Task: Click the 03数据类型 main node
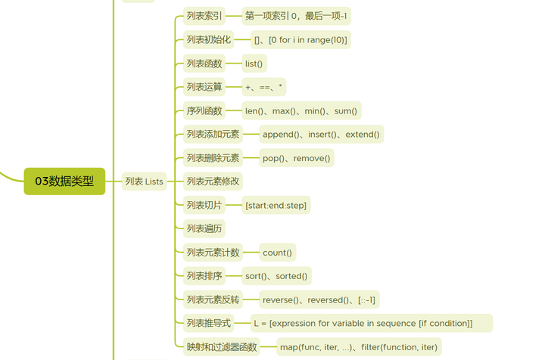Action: (64, 182)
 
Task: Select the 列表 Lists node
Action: (144, 182)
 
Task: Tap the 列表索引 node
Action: (204, 16)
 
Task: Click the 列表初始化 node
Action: (209, 39)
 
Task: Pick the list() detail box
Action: (254, 64)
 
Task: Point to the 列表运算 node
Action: (204, 87)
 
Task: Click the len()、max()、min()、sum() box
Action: (301, 111)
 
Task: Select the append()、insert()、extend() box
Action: (321, 135)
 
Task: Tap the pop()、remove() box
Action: (296, 158)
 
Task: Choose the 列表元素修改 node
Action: (213, 182)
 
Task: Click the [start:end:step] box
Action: (276, 206)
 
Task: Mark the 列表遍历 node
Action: (204, 228)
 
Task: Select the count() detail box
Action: (277, 253)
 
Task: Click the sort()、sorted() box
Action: (276, 276)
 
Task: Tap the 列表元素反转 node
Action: (213, 300)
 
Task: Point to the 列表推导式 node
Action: (209, 324)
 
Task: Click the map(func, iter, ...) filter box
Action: (358, 348)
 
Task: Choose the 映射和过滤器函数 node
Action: (222, 348)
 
